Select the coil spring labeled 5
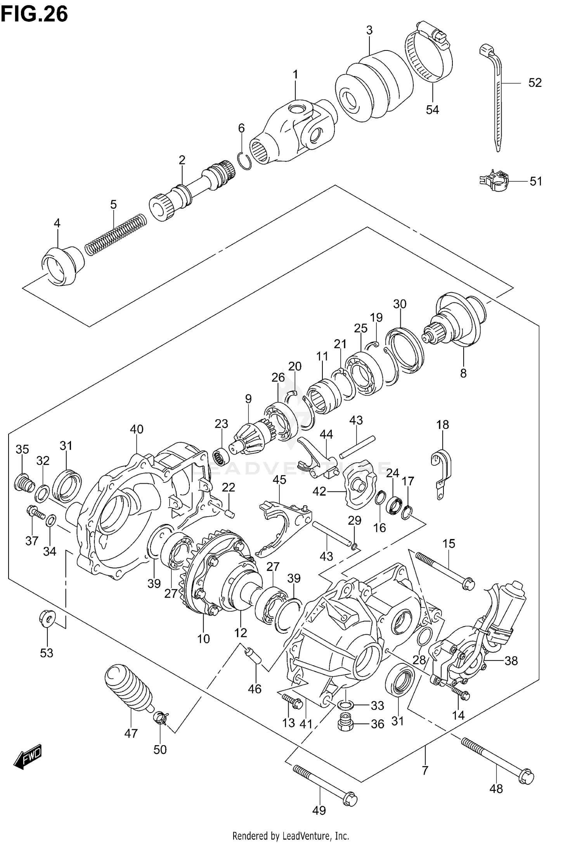(116, 236)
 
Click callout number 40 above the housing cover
(137, 429)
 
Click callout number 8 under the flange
(463, 373)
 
